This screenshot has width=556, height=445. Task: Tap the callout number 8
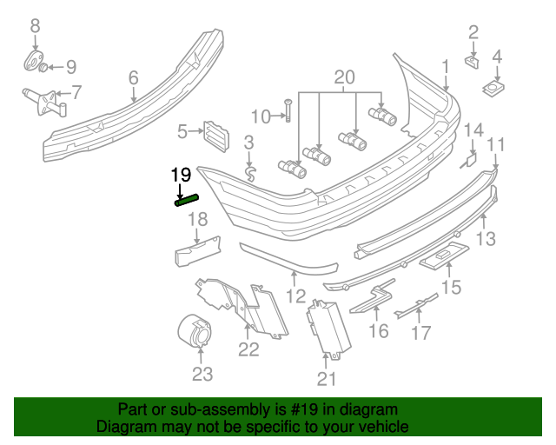click(x=35, y=27)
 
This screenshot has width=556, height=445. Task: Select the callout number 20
click(x=345, y=78)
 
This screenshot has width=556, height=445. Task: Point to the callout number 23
click(x=202, y=375)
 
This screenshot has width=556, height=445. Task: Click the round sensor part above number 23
click(x=195, y=330)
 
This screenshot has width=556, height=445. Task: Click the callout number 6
click(x=133, y=79)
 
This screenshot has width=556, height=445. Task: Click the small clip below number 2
click(x=471, y=62)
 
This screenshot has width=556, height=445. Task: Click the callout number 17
click(x=420, y=332)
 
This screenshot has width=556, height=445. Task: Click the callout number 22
click(x=249, y=349)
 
